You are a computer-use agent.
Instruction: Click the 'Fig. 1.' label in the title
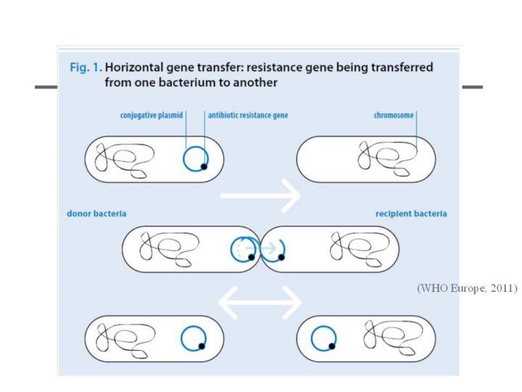tap(85, 67)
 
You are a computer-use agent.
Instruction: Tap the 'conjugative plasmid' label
tap(152, 115)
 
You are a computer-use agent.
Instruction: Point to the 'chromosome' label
tap(394, 115)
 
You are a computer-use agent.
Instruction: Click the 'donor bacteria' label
tap(96, 214)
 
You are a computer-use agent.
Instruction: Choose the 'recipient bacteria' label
tap(410, 214)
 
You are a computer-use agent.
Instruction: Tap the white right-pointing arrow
tap(261, 195)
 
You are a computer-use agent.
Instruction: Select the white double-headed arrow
tap(261, 302)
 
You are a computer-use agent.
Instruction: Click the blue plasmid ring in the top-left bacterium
tap(194, 158)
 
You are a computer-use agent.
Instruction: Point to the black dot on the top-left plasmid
tap(204, 167)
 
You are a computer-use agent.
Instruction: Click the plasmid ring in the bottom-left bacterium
tap(193, 338)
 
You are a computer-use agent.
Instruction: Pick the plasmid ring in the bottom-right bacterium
tap(323, 338)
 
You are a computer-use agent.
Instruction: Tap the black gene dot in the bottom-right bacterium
tap(332, 347)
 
